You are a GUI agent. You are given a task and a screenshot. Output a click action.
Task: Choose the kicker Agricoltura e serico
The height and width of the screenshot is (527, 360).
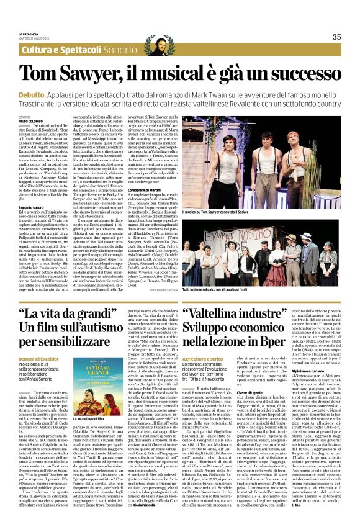tap(202, 358)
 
